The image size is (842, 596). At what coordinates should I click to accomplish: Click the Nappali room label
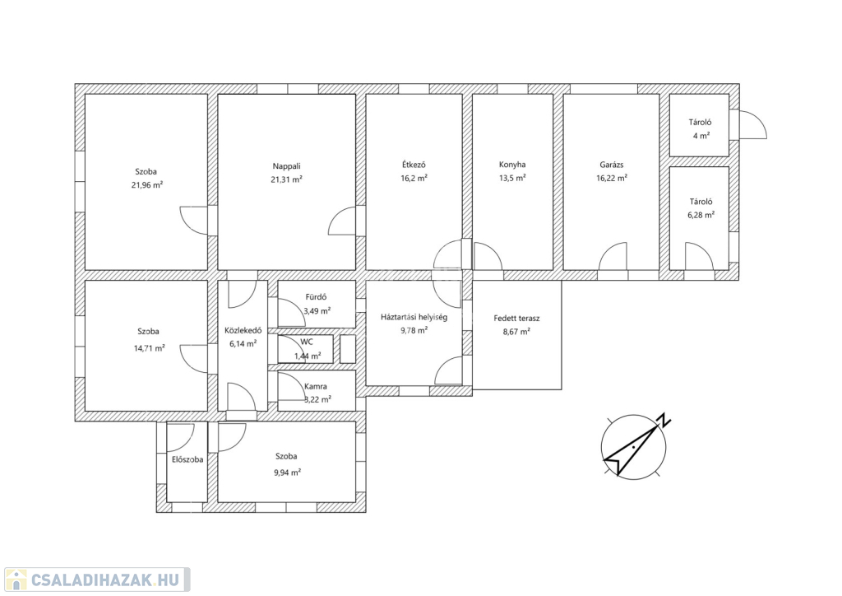[x=286, y=166]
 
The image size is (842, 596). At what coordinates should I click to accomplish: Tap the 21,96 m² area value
[x=147, y=185]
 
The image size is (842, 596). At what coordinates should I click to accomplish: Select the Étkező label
[x=414, y=165]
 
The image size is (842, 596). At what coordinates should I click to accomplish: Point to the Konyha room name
[x=512, y=165]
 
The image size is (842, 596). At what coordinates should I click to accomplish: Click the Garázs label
[x=612, y=165]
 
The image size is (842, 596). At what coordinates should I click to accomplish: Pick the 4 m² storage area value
[x=701, y=136]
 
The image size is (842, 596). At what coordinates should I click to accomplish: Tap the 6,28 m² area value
[x=701, y=215]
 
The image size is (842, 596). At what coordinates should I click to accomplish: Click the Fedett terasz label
[x=516, y=318]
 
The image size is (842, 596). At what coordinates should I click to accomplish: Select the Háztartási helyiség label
[x=414, y=317]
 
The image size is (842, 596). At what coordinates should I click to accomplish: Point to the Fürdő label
[x=316, y=296]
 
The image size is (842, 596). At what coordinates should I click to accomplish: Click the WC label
[x=307, y=342]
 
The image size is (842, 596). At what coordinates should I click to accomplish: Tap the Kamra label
[x=315, y=386]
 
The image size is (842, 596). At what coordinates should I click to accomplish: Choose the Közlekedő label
[x=243, y=330]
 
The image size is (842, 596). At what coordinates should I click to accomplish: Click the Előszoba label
[x=187, y=459]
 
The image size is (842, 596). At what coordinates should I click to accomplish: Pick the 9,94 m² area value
[x=287, y=473]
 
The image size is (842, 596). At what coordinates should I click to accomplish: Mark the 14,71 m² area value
[x=150, y=348]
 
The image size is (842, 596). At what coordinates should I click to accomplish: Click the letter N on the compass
[x=664, y=420]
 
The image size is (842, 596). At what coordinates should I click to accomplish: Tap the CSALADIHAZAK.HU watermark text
[x=104, y=580]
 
